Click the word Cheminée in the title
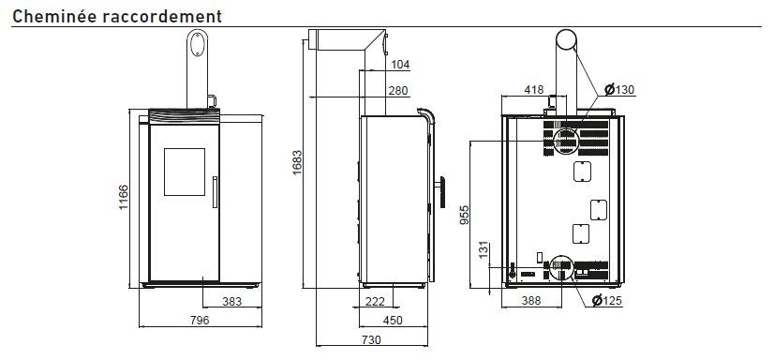pyautogui.click(x=54, y=16)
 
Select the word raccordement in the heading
pyautogui.click(x=163, y=16)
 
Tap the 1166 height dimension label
pyautogui.click(x=124, y=198)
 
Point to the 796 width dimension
pyautogui.click(x=200, y=320)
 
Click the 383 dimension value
pyautogui.click(x=232, y=301)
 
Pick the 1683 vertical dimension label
pyautogui.click(x=297, y=163)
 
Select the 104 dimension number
pyautogui.click(x=400, y=64)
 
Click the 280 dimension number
pyautogui.click(x=398, y=91)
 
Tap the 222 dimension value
pyautogui.click(x=375, y=301)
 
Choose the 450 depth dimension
pyautogui.click(x=393, y=320)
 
